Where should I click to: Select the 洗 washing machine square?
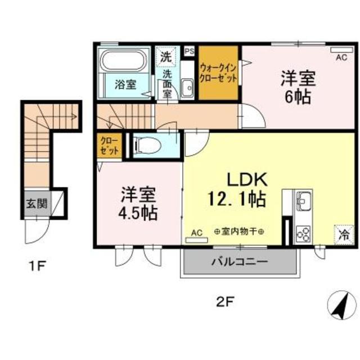click(165, 56)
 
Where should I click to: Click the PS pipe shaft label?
click(188, 51)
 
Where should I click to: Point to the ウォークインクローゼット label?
click(219, 72)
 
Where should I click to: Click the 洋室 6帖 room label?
click(297, 87)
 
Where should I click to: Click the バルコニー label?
click(239, 262)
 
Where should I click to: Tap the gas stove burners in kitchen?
click(303, 232)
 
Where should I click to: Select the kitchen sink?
click(304, 200)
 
